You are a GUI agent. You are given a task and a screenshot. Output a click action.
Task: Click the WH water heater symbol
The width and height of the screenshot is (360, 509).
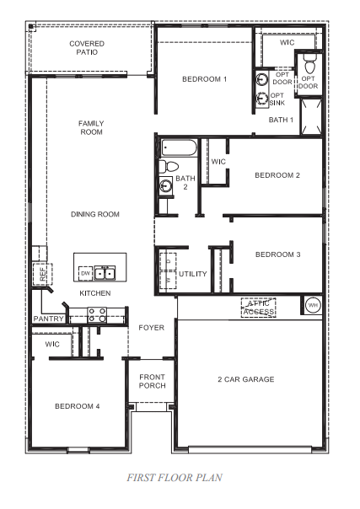(x=312, y=305)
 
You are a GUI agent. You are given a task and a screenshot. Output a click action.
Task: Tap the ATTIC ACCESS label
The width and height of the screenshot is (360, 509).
(x=258, y=308)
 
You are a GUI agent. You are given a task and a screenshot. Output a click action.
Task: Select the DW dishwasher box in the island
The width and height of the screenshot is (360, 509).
(x=85, y=274)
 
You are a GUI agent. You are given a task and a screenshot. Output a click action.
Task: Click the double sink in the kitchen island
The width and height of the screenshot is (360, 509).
(x=105, y=274)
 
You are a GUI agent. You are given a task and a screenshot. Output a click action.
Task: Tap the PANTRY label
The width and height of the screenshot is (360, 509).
(x=48, y=319)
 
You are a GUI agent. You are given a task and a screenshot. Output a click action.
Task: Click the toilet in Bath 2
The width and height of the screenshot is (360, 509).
(x=169, y=166)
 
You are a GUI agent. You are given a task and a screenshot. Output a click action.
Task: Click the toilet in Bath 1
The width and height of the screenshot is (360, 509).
(x=309, y=62)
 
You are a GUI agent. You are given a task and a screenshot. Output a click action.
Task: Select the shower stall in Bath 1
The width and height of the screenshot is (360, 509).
(x=310, y=117)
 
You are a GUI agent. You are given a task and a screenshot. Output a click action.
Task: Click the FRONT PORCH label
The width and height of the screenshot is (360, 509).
(x=152, y=381)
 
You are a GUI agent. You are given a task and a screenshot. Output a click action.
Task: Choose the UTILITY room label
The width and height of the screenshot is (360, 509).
(x=192, y=274)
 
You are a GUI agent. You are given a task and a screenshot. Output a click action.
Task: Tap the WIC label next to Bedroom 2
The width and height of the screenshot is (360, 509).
(x=218, y=162)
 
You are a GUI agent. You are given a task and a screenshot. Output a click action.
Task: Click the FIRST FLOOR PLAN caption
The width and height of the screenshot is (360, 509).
(x=175, y=478)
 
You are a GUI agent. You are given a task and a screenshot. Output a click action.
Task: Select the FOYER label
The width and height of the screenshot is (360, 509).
(x=151, y=327)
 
